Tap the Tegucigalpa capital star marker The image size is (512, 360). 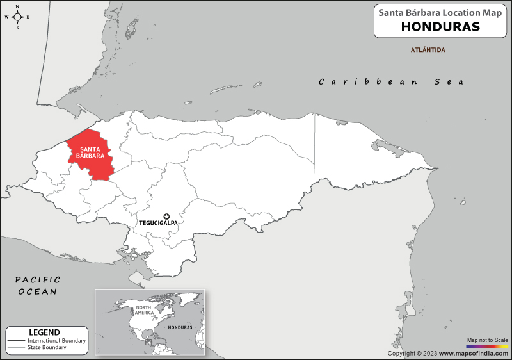pos(166,217)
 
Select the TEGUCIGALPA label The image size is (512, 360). pos(158,224)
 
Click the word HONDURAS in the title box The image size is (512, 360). pos(440,27)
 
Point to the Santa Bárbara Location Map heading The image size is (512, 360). pos(440,12)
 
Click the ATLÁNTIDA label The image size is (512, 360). pos(428,49)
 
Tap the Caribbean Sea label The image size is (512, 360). pos(392,81)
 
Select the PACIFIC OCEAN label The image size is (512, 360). pos(37,286)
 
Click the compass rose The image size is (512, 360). pos(17,17)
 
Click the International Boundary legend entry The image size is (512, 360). pos(56,340)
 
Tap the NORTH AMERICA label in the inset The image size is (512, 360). pos(144,311)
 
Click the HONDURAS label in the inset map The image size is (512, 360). pos(180,327)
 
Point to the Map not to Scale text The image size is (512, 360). pos(488,340)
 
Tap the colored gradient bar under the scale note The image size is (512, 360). pos(488,346)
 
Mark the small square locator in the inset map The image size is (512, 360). pos(149,341)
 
